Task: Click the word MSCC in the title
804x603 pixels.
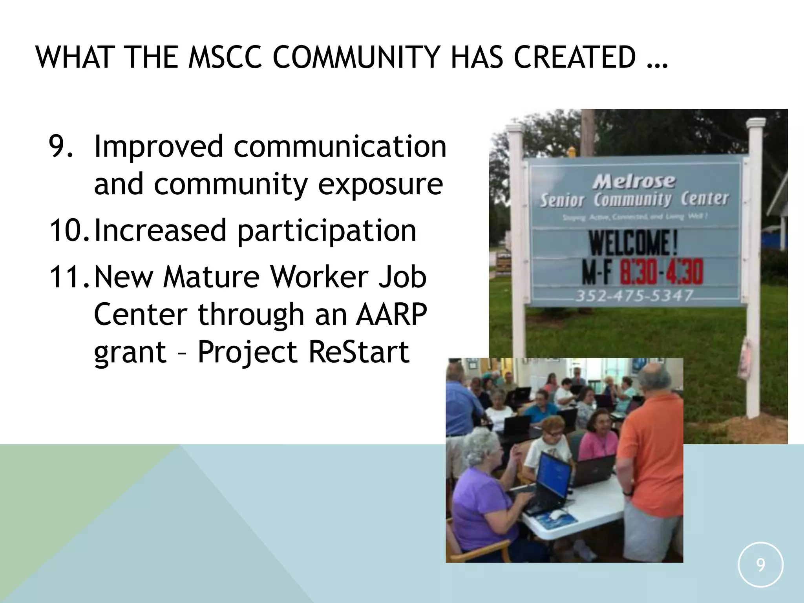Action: tap(225, 58)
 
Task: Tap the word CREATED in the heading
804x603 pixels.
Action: tap(575, 58)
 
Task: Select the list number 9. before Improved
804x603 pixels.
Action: tap(61, 146)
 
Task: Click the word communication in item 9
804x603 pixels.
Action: tap(340, 146)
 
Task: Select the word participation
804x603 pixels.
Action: tap(327, 231)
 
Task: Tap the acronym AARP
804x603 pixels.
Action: tap(391, 314)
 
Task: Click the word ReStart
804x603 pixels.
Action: tap(359, 352)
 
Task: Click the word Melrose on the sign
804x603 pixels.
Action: tap(634, 181)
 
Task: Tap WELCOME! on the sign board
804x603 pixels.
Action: tap(633, 243)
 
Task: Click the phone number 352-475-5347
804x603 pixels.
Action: tap(634, 295)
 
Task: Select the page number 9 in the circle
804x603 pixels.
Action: tap(760, 565)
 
